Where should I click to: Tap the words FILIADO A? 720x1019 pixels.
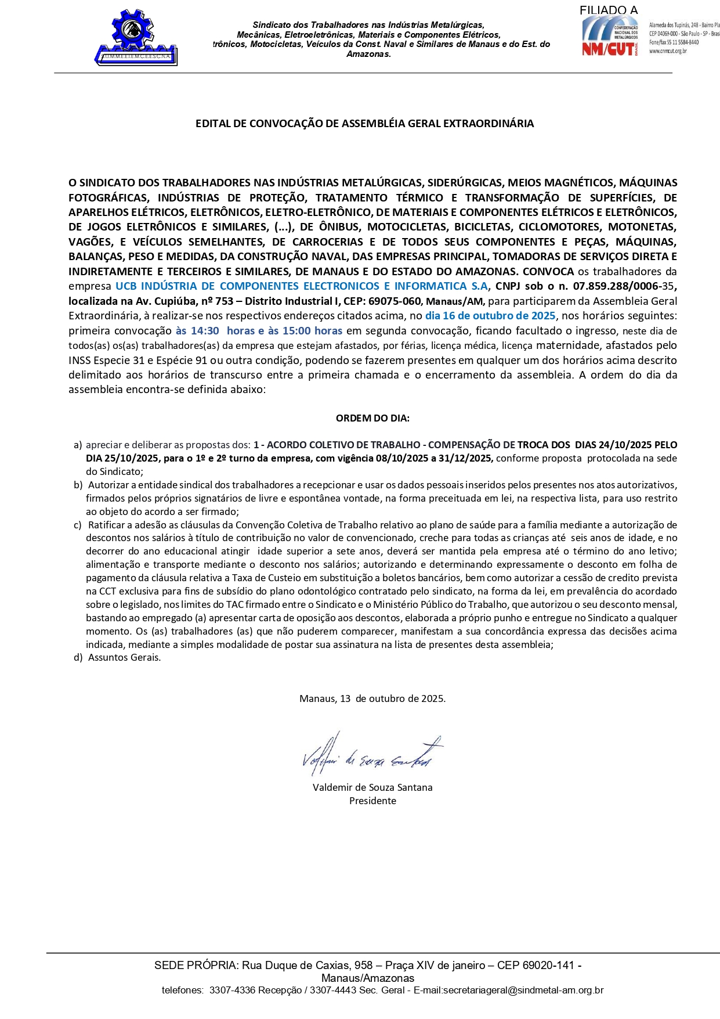608,10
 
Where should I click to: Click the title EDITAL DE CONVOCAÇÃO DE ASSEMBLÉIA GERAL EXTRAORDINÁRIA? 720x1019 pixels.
364,124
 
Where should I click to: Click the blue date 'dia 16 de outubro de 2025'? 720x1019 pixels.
490,316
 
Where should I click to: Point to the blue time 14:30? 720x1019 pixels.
205,331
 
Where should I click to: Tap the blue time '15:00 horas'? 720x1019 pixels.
312,331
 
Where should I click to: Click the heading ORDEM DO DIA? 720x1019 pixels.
372,418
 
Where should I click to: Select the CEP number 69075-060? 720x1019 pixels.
393,301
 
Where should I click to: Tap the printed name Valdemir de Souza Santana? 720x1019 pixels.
372,788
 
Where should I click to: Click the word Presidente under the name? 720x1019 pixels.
372,801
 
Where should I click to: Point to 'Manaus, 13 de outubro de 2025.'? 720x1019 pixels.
372,698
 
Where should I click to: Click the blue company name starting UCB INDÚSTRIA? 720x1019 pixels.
302,286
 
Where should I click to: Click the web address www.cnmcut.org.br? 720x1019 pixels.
668,51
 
